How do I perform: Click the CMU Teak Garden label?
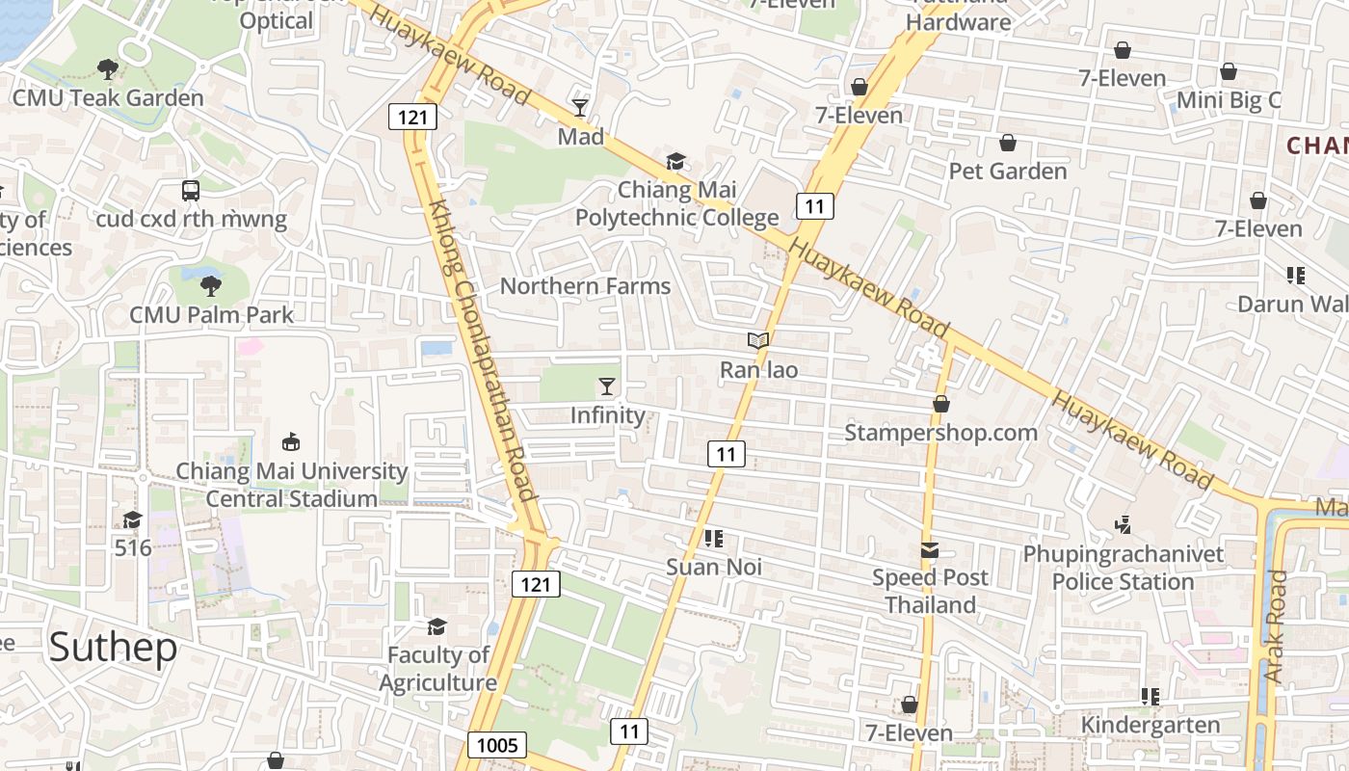(108, 98)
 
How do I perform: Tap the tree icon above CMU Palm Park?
(210, 285)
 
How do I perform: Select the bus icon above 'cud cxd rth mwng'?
(191, 191)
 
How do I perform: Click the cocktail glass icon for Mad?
(580, 107)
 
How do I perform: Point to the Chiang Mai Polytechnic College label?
(676, 203)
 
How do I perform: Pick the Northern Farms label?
(585, 286)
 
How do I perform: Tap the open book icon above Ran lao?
(758, 340)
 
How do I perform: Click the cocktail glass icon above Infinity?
(606, 386)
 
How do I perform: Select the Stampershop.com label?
(940, 433)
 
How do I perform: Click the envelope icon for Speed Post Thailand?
(930, 550)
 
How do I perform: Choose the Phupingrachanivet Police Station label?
(1123, 568)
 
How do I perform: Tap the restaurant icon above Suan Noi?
(714, 538)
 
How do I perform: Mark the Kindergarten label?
(1151, 725)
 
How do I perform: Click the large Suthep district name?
(113, 647)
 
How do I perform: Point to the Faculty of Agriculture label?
(438, 669)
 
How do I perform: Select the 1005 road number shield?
(498, 744)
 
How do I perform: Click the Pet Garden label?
(1008, 172)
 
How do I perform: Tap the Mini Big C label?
(1229, 100)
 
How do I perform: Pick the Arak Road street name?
(1276, 626)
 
